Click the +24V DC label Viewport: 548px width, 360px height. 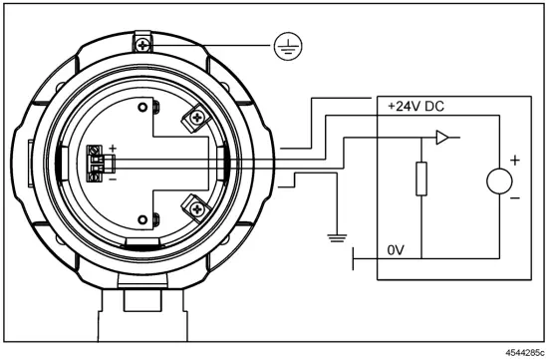tap(415, 106)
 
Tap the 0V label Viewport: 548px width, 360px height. tap(396, 250)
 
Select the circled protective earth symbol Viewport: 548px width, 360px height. tap(288, 47)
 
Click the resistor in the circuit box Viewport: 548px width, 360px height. tap(421, 179)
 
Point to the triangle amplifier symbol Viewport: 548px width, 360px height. tap(442, 138)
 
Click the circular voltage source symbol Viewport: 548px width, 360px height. tap(499, 181)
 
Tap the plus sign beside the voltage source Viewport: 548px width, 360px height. tap(515, 161)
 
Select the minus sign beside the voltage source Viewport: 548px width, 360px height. tap(515, 198)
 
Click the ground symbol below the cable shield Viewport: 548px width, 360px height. tap(337, 238)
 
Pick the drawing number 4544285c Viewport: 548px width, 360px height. tap(525, 352)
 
